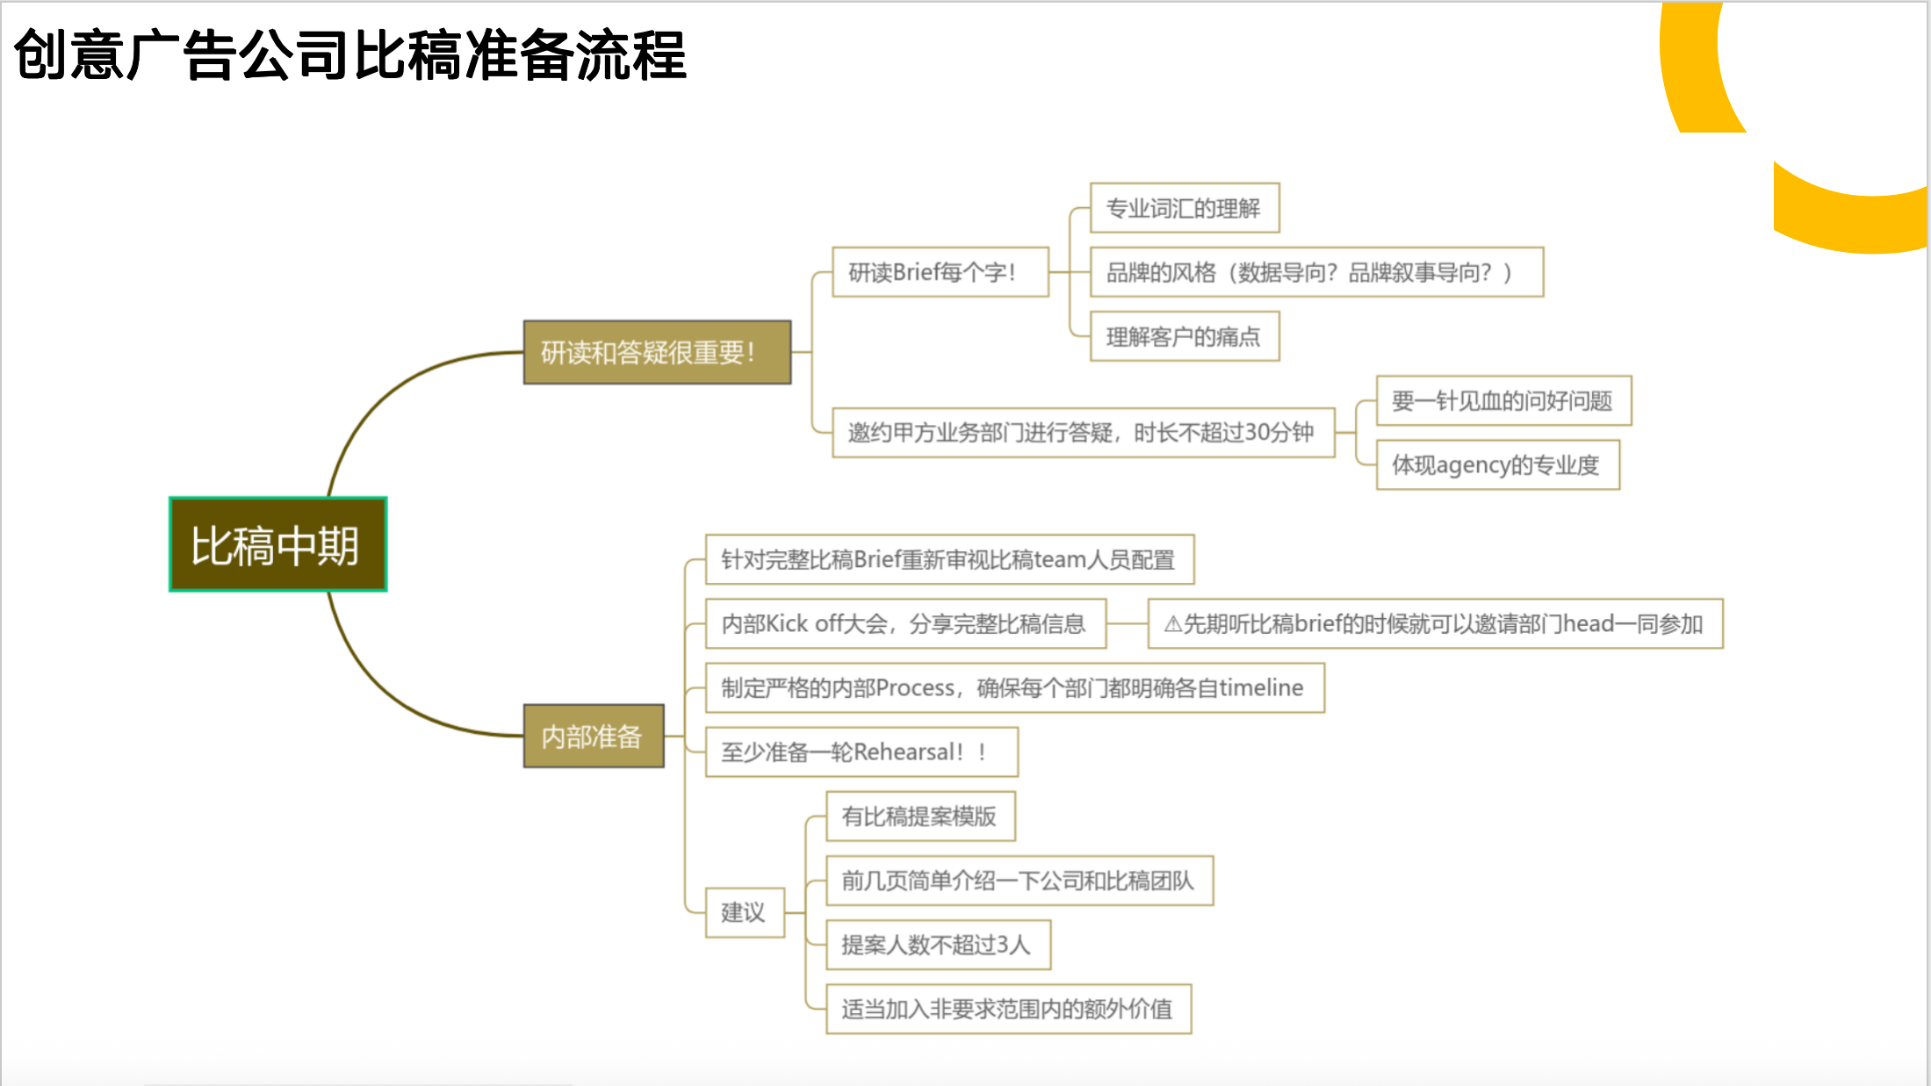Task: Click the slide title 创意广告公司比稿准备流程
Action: coord(349,55)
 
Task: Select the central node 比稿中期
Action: coord(277,544)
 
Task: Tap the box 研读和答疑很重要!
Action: coord(657,352)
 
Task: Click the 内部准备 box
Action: coord(594,736)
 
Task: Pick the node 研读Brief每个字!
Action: coord(940,272)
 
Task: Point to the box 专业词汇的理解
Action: coord(1184,208)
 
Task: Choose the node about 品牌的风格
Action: coord(1315,272)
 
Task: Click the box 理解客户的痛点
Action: coord(1184,336)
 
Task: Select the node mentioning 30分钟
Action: coord(1083,432)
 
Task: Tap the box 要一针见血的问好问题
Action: coord(1503,400)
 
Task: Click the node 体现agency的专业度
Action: coord(1497,464)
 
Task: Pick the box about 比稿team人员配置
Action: coord(949,559)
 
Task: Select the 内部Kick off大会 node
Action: coord(905,623)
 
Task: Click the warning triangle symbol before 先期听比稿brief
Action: coord(1172,624)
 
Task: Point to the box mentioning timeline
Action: coord(1014,687)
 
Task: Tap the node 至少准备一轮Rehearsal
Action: coord(861,752)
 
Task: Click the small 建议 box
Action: coord(745,912)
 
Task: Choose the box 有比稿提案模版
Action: coord(920,816)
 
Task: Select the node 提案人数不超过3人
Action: coord(938,945)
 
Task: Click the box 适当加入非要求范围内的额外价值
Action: coord(1008,1009)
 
